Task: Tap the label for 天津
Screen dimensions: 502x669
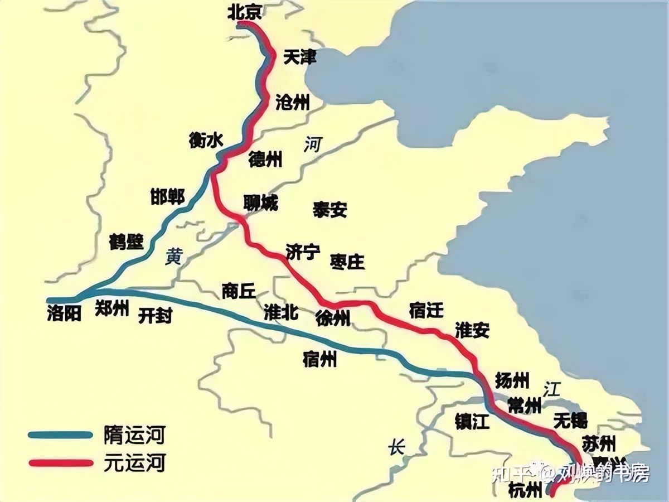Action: click(x=300, y=57)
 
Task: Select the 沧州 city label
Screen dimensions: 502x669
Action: click(x=292, y=102)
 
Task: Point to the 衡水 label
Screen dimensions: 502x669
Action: click(x=206, y=141)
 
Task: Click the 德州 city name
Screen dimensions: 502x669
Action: click(x=265, y=160)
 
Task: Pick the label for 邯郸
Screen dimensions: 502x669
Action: click(x=167, y=196)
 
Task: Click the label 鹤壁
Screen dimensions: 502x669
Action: click(x=127, y=242)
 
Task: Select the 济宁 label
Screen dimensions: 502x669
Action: click(x=303, y=252)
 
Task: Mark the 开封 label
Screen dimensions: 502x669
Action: click(x=155, y=316)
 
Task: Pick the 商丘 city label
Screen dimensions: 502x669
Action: click(x=238, y=291)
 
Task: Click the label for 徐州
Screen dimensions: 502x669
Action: click(x=333, y=318)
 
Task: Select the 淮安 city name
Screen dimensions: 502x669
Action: click(x=472, y=330)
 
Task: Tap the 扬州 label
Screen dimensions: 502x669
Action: click(x=512, y=380)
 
